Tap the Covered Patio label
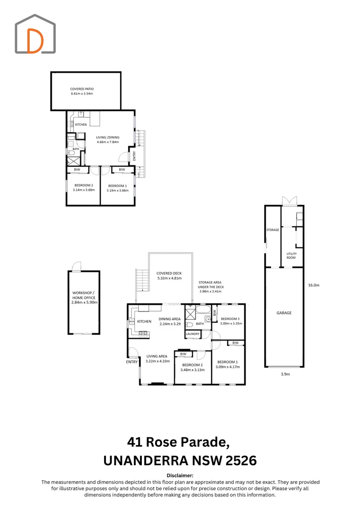(82, 91)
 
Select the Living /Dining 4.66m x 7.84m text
(107, 140)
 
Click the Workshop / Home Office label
(84, 297)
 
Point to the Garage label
(284, 313)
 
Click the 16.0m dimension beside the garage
(313, 285)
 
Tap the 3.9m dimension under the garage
(284, 374)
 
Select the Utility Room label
(291, 255)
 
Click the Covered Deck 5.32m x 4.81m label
(169, 276)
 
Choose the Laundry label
(193, 334)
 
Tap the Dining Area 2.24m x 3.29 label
(169, 321)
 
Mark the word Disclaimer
(180, 476)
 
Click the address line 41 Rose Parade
(180, 442)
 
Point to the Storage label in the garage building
(272, 230)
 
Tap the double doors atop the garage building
(288, 201)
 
